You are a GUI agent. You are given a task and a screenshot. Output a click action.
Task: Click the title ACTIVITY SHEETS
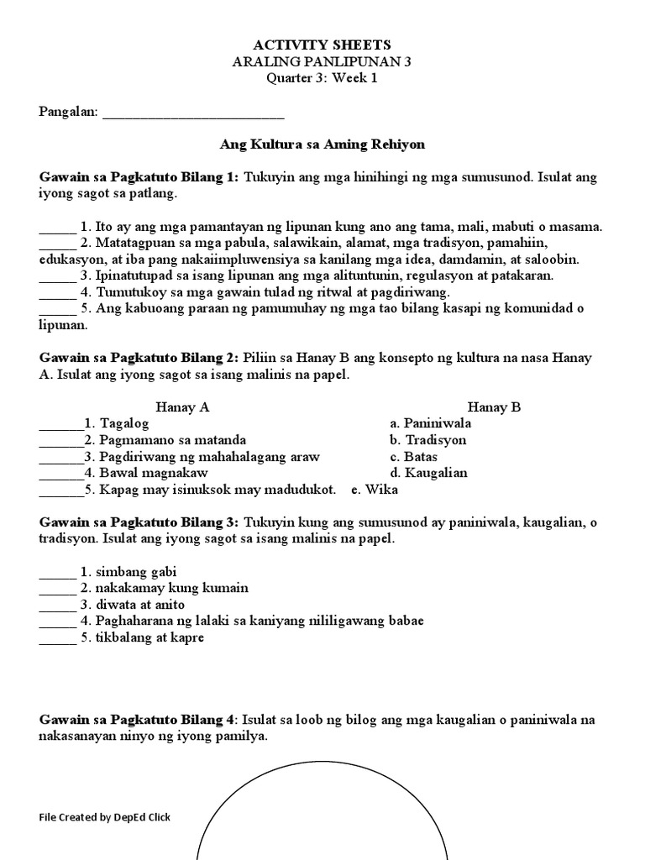coord(322,45)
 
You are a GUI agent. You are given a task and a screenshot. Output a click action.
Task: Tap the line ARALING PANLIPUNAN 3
coord(322,61)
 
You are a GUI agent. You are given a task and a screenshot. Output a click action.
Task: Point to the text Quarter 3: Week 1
coord(322,78)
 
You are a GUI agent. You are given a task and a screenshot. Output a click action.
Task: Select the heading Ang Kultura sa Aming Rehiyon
coord(322,144)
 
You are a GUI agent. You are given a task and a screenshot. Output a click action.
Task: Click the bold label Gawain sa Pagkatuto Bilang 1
coord(139,177)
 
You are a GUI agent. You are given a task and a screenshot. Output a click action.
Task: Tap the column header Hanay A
coord(182,407)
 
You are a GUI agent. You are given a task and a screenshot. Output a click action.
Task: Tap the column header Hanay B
coord(494,407)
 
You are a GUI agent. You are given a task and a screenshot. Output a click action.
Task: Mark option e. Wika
coord(375,489)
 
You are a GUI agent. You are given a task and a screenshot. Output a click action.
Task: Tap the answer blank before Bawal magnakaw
coord(60,474)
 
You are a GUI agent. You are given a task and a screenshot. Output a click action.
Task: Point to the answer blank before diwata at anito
coord(57,606)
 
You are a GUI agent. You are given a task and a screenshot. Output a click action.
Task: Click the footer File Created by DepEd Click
coord(105,817)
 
